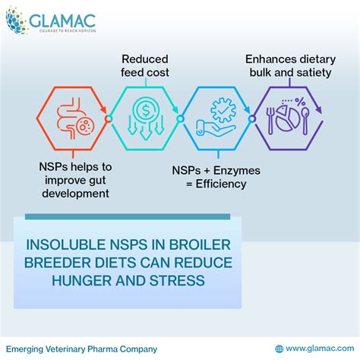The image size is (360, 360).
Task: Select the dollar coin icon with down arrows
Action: [143, 118]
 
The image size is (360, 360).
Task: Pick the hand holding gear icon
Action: [215, 118]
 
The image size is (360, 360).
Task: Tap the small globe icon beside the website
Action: [279, 349]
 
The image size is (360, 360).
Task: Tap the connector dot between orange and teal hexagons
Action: [109, 119]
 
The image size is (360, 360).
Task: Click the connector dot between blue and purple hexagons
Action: [251, 119]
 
